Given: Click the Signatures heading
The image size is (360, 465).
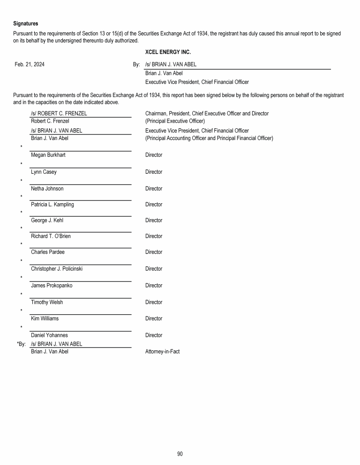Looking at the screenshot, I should (26, 23).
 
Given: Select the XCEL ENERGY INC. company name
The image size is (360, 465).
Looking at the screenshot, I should (168, 52).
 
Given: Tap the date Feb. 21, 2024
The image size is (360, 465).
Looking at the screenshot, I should (30, 65).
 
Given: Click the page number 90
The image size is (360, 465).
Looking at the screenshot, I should (180, 453).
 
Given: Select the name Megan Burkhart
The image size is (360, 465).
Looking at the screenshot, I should (48, 155).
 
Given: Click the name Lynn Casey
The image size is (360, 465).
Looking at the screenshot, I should (44, 172).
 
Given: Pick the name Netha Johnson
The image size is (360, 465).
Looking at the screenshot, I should (47, 189).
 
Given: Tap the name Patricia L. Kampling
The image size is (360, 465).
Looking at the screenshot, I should (52, 205).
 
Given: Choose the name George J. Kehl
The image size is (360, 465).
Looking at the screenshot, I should (47, 221).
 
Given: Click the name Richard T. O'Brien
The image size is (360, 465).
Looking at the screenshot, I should (51, 236).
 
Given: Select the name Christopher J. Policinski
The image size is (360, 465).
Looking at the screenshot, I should (57, 269).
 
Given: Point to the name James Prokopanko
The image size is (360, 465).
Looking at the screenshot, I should (52, 286).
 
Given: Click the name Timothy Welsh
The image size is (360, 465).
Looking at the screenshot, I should (47, 302).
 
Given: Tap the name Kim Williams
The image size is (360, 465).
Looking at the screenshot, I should (45, 318).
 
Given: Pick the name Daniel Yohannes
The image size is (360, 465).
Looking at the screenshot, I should (49, 335).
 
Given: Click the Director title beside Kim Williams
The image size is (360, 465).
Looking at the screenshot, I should (154, 318).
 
